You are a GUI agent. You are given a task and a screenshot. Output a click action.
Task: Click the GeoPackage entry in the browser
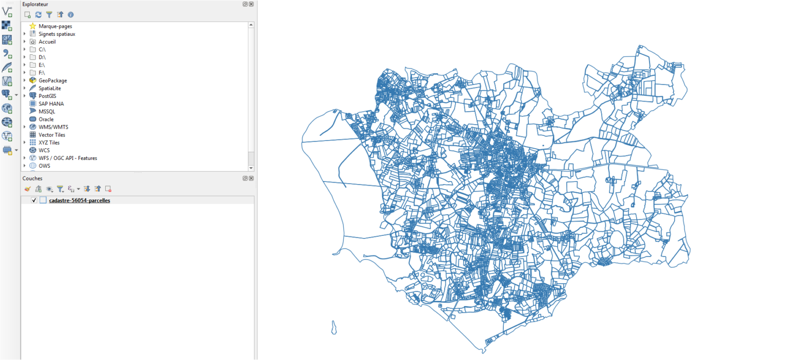[x=52, y=81]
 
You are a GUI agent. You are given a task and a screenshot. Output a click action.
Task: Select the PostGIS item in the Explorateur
[x=48, y=96]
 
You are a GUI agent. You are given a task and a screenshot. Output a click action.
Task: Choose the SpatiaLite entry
[x=49, y=88]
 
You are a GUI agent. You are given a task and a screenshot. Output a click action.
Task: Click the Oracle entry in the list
[x=46, y=119]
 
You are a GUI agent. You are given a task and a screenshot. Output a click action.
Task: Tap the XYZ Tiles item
[x=49, y=143]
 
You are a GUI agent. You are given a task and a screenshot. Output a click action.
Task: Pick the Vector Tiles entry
[x=52, y=135]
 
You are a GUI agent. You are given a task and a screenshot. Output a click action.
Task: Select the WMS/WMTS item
[x=53, y=127]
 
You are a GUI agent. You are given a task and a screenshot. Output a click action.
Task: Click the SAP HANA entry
[x=51, y=104]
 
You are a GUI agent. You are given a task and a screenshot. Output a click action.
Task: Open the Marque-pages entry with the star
[x=55, y=26]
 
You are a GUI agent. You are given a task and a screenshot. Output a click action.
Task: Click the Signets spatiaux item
[x=56, y=34]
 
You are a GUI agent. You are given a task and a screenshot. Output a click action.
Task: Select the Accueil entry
[x=47, y=42]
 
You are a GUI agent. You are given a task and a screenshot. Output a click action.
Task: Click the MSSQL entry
[x=47, y=111]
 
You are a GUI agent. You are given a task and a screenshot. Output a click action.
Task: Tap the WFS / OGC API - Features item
[x=68, y=158]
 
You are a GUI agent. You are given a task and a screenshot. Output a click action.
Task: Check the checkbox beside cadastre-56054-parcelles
[x=34, y=201]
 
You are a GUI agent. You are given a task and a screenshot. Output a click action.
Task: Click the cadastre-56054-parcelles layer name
[x=79, y=201]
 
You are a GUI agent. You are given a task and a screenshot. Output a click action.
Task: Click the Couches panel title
[x=32, y=178]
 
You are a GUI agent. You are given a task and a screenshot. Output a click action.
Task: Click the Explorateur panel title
[x=35, y=4]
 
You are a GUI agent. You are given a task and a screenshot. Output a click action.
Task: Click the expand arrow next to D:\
[x=25, y=57]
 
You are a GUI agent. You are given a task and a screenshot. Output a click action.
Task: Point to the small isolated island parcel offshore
[x=334, y=327]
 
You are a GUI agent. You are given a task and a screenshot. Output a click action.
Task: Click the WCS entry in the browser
[x=44, y=150]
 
